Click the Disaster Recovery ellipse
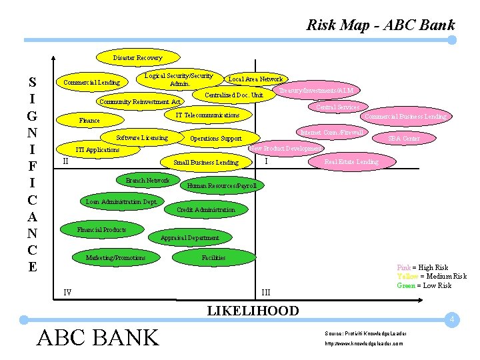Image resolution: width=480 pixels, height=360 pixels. [137, 58]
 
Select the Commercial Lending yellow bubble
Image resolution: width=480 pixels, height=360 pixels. [91, 83]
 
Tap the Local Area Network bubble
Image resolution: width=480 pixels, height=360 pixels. [256, 79]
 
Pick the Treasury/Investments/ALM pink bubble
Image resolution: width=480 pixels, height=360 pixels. [317, 90]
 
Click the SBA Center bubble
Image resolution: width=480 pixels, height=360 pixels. [405, 138]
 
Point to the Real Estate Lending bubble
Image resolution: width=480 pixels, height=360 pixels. [351, 161]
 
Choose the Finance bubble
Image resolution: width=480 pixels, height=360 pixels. [89, 121]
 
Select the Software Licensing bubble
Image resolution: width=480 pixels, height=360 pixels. [141, 138]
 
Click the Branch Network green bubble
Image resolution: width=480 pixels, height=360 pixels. [147, 180]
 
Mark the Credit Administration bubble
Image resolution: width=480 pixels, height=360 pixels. [205, 209]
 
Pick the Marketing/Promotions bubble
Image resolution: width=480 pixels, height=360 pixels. [115, 257]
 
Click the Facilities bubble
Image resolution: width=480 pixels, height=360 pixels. [213, 257]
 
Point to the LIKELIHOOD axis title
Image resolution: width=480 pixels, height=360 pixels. [253, 310]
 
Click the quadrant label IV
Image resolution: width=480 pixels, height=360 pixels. [67, 292]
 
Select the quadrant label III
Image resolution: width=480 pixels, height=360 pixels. [266, 292]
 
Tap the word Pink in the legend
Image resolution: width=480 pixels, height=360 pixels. [404, 267]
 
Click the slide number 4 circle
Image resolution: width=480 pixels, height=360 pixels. [451, 320]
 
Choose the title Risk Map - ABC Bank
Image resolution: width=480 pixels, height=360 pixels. [380, 25]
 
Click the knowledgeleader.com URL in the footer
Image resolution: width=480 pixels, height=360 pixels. [364, 343]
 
